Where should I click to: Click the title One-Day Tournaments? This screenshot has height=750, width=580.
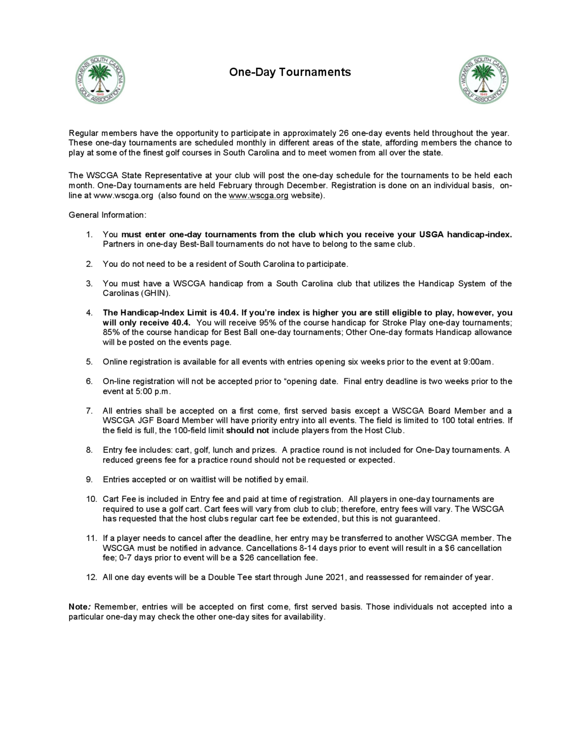290,72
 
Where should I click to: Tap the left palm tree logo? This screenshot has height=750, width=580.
100,80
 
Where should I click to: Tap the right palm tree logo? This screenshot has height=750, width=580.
483,80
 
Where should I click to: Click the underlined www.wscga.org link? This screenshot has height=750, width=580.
258,196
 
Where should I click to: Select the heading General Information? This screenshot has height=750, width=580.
108,215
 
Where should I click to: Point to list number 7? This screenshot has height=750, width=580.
89,411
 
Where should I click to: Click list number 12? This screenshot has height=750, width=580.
91,577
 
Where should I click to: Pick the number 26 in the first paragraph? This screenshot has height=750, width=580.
344,133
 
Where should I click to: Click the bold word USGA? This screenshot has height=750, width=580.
431,234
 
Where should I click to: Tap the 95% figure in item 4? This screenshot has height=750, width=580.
268,323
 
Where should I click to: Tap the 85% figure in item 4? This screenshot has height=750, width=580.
111,332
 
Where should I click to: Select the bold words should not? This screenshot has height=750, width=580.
247,431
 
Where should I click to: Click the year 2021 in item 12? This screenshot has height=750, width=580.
335,577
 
